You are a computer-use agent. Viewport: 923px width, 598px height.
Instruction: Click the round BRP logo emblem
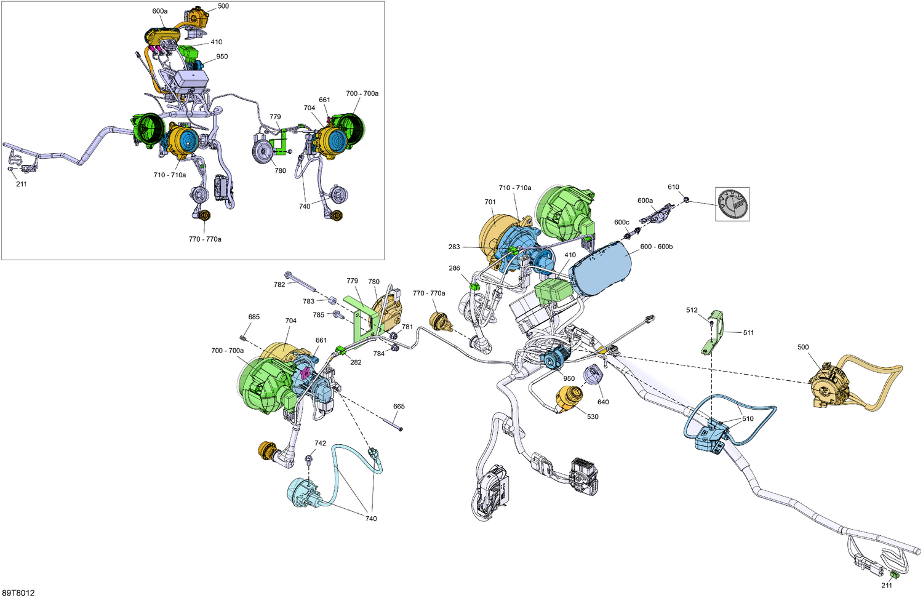pos(732,204)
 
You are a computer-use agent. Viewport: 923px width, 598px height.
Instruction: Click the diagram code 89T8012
pos(18,592)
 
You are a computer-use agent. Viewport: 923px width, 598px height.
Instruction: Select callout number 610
pos(673,187)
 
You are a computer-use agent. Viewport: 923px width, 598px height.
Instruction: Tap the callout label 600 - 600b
pos(657,247)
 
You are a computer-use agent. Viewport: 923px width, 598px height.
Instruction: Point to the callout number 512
pos(692,310)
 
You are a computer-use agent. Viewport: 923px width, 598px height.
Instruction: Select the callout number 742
pos(320,443)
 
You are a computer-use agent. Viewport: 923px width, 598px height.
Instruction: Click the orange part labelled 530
pos(569,399)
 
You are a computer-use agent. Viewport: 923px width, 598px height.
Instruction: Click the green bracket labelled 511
pos(713,332)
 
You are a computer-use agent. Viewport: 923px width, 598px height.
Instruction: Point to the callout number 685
pos(254,317)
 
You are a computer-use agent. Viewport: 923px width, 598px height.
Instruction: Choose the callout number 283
pos(454,247)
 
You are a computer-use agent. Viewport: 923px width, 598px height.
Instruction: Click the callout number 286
pos(454,268)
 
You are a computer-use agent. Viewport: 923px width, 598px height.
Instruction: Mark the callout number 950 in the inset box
pos(222,57)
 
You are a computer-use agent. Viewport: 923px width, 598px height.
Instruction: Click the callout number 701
pos(490,202)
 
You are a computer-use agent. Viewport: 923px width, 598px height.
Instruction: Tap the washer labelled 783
pos(333,299)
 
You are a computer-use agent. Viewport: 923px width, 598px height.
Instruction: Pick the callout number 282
pos(356,362)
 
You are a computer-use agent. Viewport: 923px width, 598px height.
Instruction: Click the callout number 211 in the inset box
pos(21,184)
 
